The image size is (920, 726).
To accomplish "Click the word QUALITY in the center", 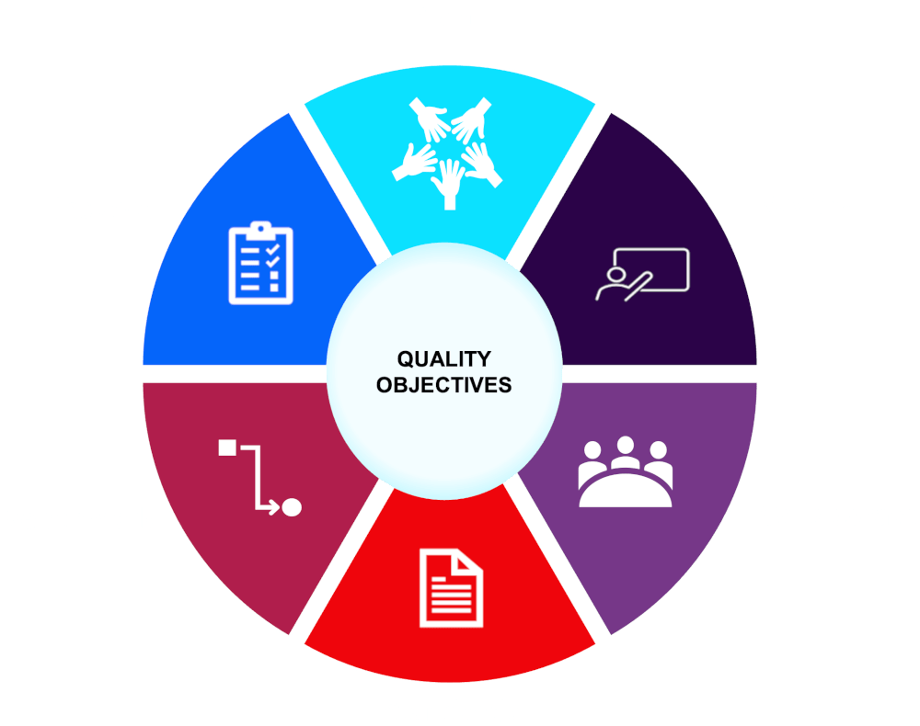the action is (444, 358).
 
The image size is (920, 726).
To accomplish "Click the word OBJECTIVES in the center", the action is (444, 385).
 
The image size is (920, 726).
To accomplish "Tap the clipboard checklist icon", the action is (260, 263).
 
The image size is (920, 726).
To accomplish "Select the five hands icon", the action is (447, 153).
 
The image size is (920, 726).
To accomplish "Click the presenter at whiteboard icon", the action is (642, 274).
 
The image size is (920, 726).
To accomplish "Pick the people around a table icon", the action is (626, 471).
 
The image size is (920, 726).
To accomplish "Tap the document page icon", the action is (451, 588).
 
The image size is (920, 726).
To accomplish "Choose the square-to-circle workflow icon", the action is (260, 478).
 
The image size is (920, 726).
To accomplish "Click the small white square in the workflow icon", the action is (227, 448).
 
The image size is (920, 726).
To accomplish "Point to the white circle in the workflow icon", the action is (292, 507).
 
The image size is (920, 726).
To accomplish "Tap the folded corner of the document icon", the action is (469, 562).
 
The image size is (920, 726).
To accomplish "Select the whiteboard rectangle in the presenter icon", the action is (652, 269).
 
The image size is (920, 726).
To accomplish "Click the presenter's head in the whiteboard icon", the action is (616, 274).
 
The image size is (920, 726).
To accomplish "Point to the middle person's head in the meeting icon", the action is (626, 445).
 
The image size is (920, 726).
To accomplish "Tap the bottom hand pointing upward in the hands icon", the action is (450, 185).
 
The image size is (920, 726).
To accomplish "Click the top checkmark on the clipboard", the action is (272, 250).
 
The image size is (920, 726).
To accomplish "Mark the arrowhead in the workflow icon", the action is (274, 506).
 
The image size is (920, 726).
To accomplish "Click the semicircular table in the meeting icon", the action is (626, 491).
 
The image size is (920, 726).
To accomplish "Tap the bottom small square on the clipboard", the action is (274, 288).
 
